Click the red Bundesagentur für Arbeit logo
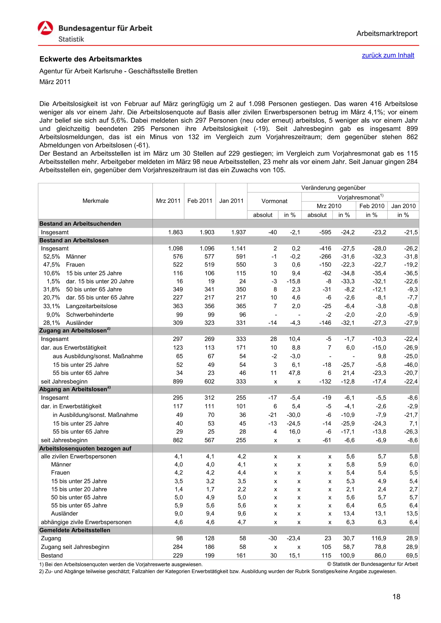pos(45,28)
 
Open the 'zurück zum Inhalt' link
pos(388,55)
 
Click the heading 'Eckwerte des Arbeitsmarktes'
pos(91,59)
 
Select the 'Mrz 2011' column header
pos(168,201)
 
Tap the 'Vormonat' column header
pos(274,201)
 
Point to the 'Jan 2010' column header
pos(403,206)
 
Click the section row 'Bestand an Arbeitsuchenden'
pos(80,224)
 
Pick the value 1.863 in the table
pos(175,232)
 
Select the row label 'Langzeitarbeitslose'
pos(92,306)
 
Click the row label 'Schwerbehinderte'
pos(90,315)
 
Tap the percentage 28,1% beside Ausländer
pos(51,323)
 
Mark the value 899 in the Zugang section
pos(178,381)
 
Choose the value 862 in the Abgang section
pos(178,440)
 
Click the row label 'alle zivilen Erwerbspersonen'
pos(78,456)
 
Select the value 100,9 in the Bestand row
pos(347,555)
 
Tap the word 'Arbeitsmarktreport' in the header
pos(387,34)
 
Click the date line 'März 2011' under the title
pos(55,82)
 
